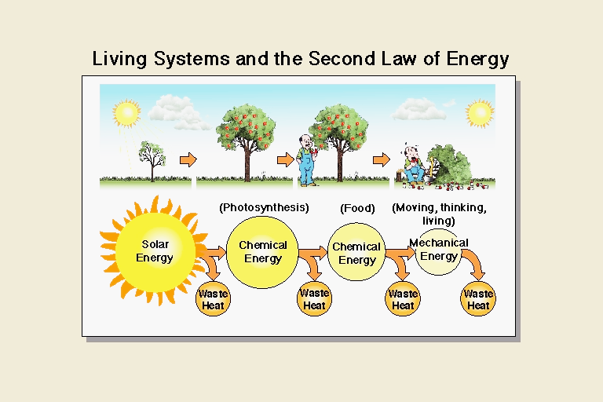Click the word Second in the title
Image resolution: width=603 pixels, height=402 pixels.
(x=342, y=58)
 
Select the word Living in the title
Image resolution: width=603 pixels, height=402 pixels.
(x=119, y=59)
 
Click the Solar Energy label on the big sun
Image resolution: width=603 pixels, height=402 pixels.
(x=155, y=250)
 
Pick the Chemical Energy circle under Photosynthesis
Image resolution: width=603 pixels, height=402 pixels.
(x=262, y=252)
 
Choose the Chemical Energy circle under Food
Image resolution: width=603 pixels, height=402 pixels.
(x=356, y=252)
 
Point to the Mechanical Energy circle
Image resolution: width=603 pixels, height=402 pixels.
(x=438, y=252)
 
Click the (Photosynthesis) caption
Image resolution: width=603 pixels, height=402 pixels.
(x=264, y=208)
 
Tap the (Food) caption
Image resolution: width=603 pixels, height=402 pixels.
(x=357, y=209)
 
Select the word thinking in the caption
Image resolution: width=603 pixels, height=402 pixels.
(x=462, y=208)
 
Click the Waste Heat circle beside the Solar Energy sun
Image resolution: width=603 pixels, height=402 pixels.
(x=213, y=299)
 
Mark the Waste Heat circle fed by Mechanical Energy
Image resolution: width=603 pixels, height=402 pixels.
(x=478, y=299)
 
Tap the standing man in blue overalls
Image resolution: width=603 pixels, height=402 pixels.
(x=307, y=160)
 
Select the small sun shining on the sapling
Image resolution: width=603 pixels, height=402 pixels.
(x=126, y=113)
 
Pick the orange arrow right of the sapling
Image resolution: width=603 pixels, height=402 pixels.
(x=188, y=159)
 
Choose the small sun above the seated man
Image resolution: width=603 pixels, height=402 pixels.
(x=480, y=113)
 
